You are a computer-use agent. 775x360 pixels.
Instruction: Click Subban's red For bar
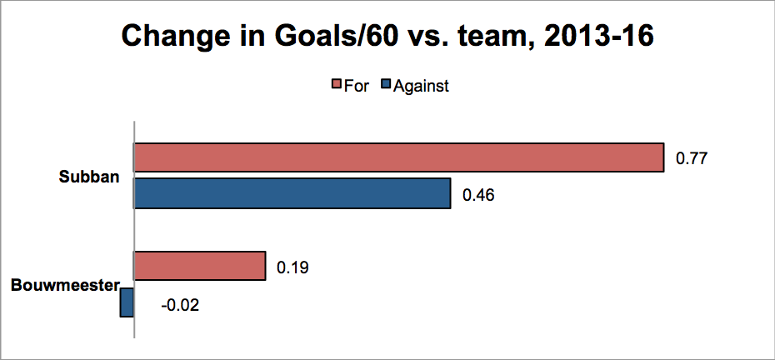pos(399,157)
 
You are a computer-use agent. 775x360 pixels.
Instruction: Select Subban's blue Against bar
pos(292,193)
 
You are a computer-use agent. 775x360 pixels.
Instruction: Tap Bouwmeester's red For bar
pos(200,266)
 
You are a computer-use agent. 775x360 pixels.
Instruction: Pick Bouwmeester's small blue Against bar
pos(127,302)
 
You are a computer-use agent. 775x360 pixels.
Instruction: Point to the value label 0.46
pos(478,195)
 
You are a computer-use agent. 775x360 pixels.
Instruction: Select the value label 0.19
pos(292,267)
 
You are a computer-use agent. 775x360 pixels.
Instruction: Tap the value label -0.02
pos(180,305)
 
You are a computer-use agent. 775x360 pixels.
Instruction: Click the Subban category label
pos(89,177)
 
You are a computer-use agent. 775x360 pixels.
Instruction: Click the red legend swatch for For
pos(336,86)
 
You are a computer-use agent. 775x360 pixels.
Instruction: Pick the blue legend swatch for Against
pos(386,86)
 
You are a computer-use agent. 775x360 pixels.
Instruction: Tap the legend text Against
pos(421,87)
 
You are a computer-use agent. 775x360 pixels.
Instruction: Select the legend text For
pos(356,86)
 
